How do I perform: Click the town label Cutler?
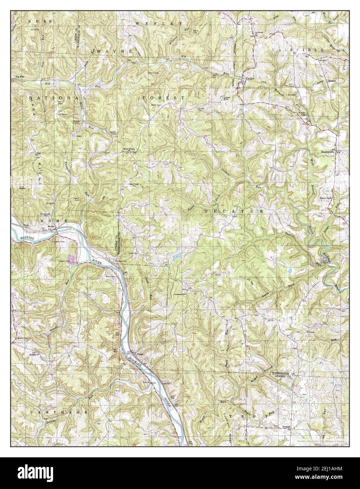click(250, 79)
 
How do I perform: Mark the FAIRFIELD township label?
click(297, 50)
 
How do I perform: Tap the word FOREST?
click(163, 97)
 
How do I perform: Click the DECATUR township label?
click(233, 211)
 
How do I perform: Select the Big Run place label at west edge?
click(20, 76)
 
